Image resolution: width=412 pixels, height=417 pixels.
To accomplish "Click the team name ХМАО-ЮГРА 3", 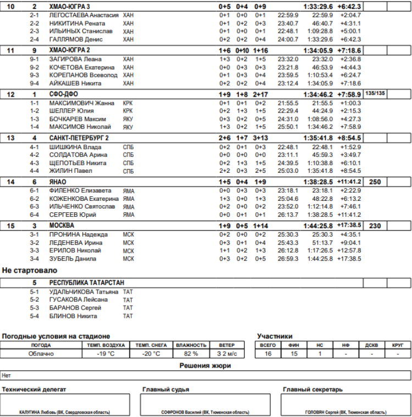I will pyautogui.click(x=70, y=6).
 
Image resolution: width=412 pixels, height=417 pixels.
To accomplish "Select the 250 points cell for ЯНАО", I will pyautogui.click(x=375, y=182).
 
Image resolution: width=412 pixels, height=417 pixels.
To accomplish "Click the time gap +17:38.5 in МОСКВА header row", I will pyautogui.click(x=349, y=226).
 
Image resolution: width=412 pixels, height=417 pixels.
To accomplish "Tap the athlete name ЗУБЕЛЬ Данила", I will pyautogui.click(x=73, y=258).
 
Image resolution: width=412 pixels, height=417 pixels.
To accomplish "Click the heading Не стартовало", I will pyautogui.click(x=30, y=271).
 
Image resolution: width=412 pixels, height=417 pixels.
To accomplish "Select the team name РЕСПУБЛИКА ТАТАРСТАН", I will pyautogui.click(x=83, y=283).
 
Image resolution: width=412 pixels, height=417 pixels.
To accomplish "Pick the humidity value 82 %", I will pyautogui.click(x=191, y=354).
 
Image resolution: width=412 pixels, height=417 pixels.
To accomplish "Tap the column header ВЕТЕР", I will pyautogui.click(x=227, y=345).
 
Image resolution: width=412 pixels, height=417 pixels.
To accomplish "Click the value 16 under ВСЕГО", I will pyautogui.click(x=268, y=354).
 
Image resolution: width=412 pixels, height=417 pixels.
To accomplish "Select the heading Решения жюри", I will pyautogui.click(x=205, y=365).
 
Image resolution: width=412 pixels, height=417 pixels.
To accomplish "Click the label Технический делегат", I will pyautogui.click(x=34, y=390).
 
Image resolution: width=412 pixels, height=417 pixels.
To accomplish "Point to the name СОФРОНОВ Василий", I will pyautogui.click(x=182, y=412).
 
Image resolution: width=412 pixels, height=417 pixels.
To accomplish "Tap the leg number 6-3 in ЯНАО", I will pyautogui.click(x=34, y=206).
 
